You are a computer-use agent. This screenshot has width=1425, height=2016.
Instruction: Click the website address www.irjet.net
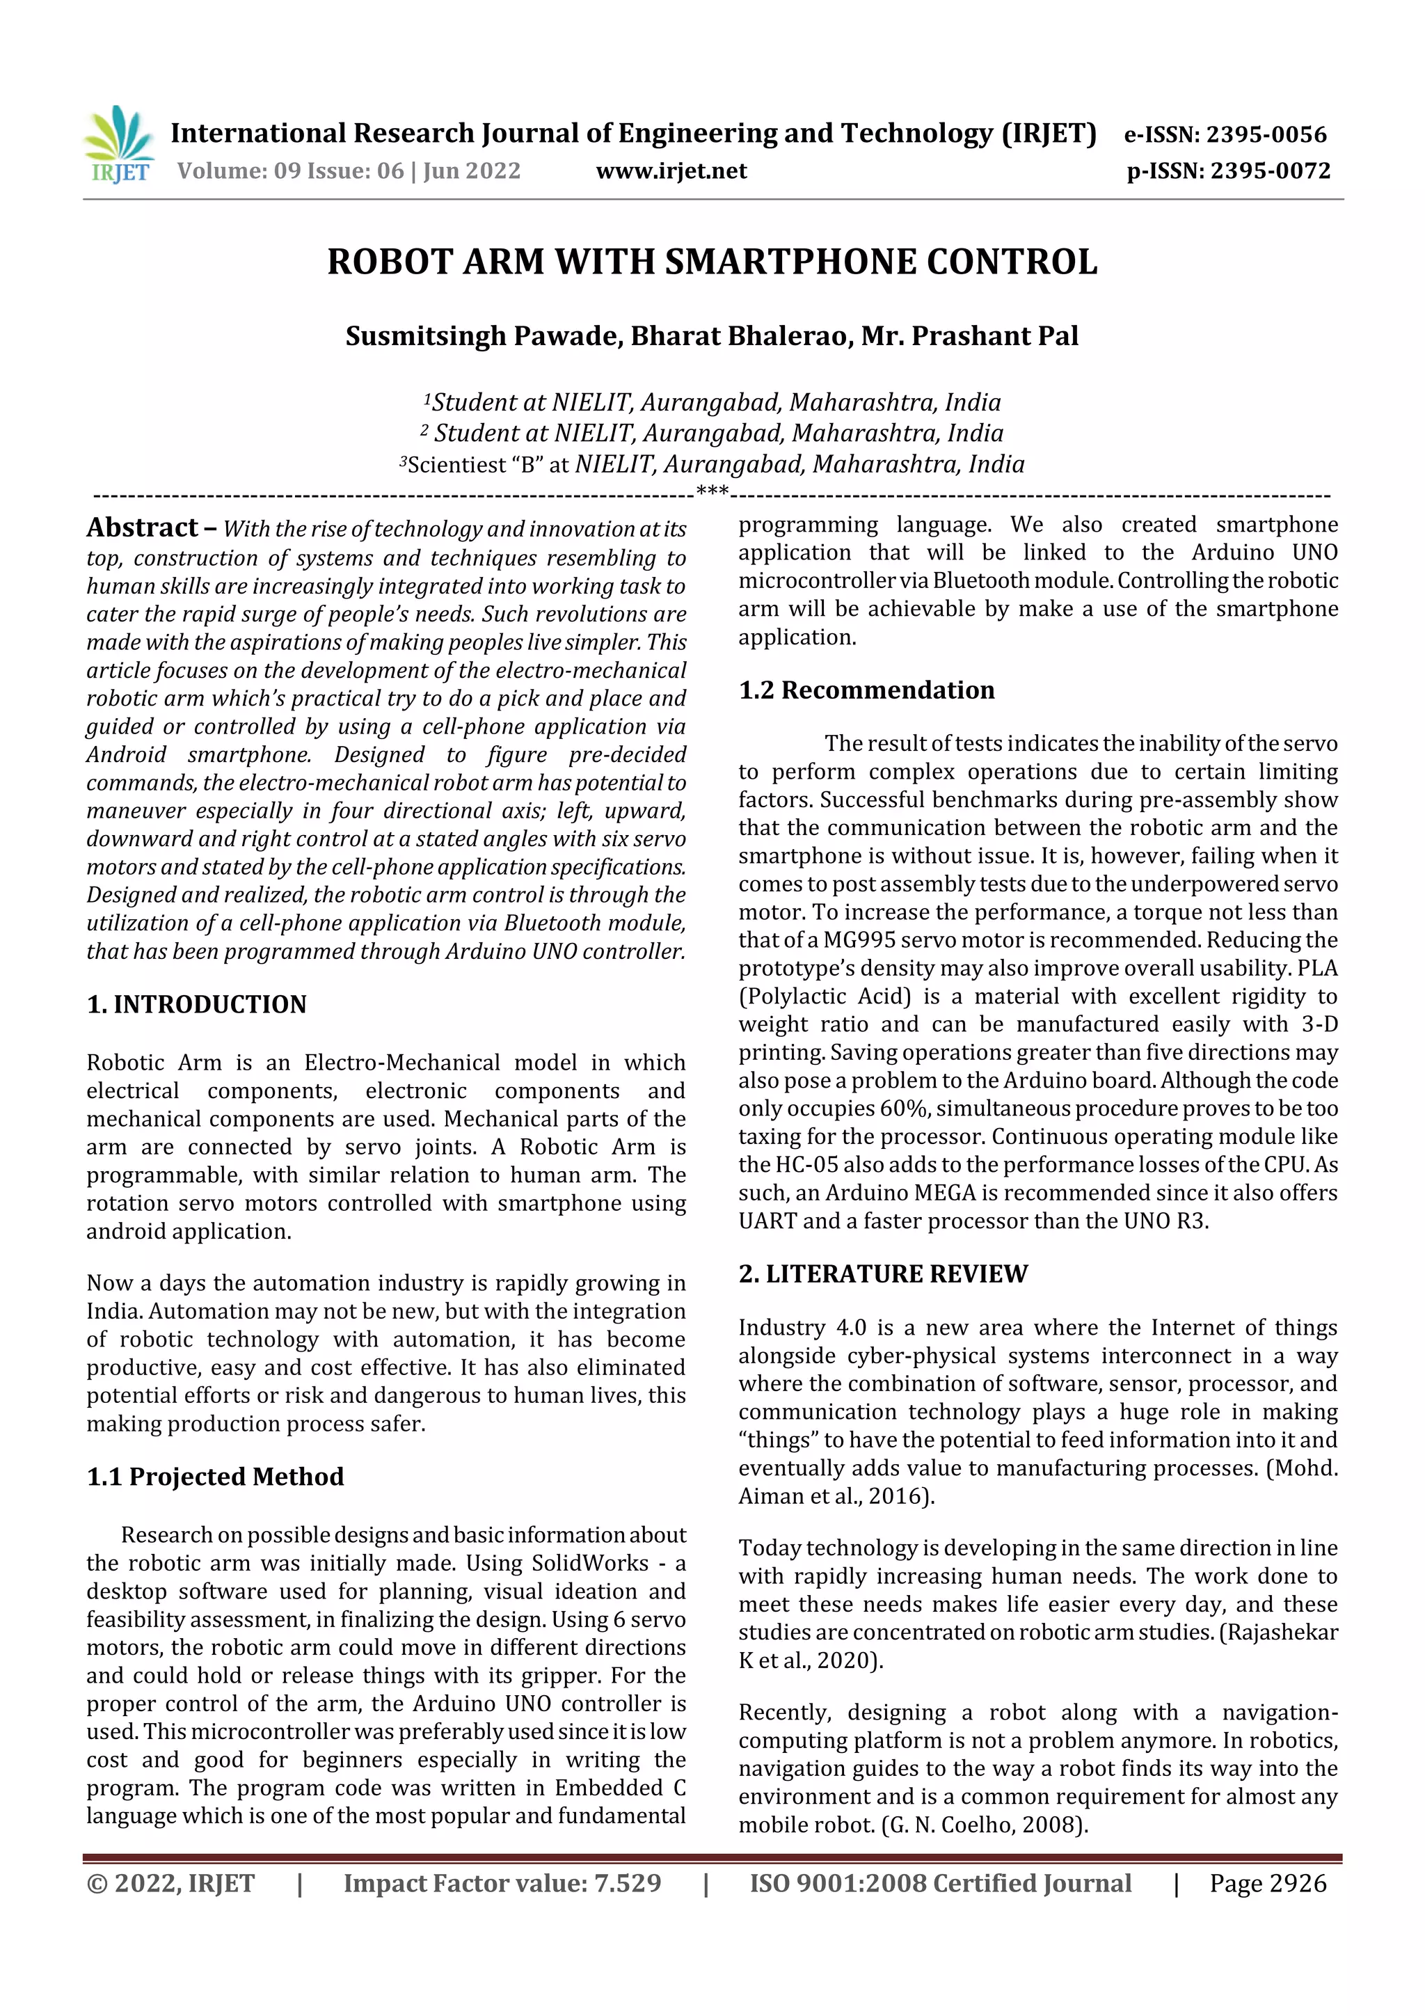[671, 171]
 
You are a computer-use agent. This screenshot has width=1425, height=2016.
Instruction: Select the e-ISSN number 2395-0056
[1266, 134]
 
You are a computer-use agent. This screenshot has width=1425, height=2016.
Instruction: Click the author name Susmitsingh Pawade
[481, 336]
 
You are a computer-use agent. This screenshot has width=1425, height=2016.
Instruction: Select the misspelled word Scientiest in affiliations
[456, 464]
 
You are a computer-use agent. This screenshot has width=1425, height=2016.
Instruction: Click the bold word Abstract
[142, 527]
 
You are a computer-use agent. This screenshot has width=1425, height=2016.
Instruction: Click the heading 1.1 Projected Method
[214, 1477]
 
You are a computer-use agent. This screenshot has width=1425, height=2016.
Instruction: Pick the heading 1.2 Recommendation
[866, 690]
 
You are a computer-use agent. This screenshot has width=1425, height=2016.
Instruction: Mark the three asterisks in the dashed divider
[712, 490]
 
